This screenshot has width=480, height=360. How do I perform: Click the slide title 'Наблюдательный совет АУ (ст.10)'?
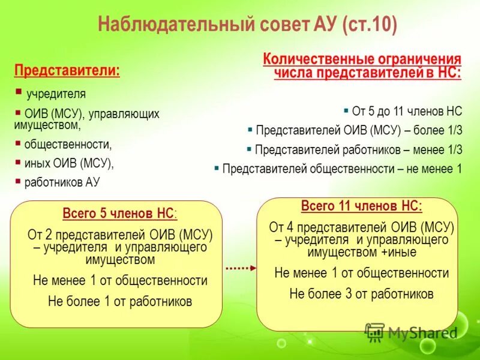pos(247,26)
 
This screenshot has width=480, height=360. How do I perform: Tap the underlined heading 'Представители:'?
pos(67,70)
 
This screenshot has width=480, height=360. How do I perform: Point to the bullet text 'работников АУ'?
pos(62,182)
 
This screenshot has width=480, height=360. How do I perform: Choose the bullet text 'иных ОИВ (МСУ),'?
pos(69,163)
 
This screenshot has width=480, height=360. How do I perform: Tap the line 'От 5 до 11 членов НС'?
pos(407,111)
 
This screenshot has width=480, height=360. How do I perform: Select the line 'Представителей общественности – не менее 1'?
pos(342,169)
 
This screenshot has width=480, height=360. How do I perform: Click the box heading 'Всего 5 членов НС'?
pos(118,214)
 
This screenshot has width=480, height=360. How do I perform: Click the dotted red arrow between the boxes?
pos(241,268)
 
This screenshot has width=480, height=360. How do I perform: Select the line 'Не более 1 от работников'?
pos(120,301)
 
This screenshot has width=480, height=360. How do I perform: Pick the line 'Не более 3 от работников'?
pos(361,294)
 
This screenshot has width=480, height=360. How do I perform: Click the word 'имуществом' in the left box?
pos(120,260)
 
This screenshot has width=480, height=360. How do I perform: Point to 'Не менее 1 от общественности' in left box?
pos(120,281)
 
